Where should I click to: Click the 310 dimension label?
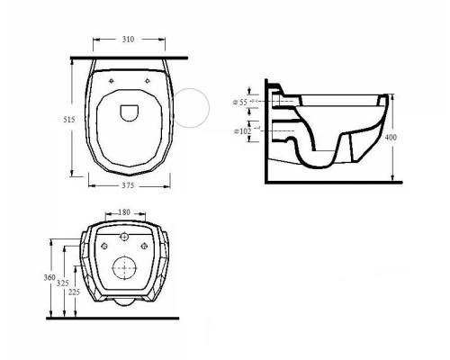point(128,40)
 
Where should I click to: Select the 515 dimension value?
point(69,120)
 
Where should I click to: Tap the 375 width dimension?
point(128,185)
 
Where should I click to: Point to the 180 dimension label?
point(124,212)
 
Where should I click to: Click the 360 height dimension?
point(49,277)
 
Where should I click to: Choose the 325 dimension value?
point(63,283)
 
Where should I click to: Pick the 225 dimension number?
point(74,292)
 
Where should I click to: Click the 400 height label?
point(391,138)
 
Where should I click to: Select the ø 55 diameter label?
point(240,103)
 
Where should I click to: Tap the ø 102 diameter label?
point(242,131)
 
